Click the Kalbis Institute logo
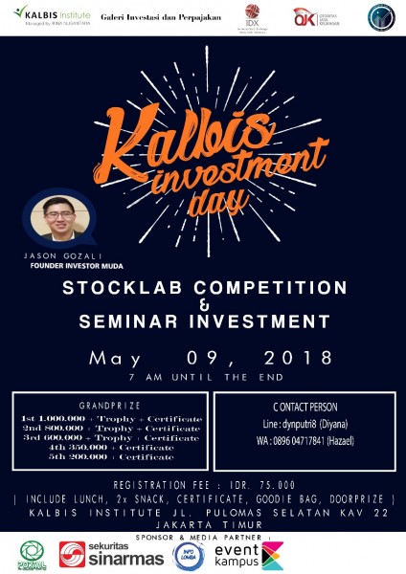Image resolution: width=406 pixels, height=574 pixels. click(48, 16)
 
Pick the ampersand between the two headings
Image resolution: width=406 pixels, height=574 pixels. click(202, 304)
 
